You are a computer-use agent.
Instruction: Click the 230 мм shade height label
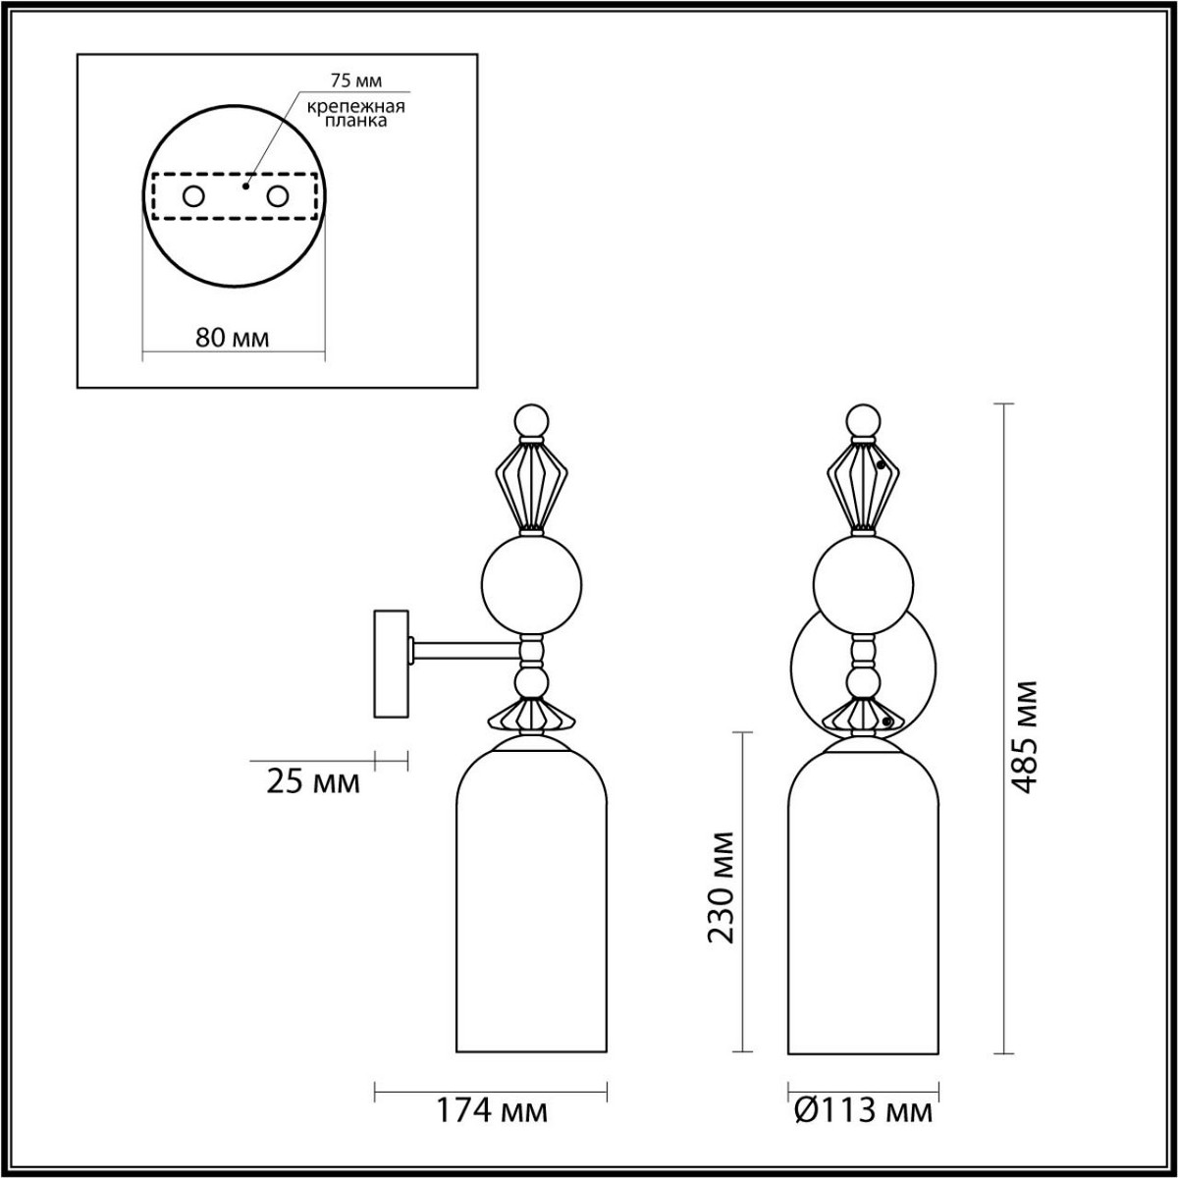723,886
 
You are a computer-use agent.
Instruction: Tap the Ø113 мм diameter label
862,1112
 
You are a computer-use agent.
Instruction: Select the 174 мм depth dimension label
492,1112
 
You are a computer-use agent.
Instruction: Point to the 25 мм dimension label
313,782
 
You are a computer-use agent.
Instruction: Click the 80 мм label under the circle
233,338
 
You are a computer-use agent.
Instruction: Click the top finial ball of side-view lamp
531,419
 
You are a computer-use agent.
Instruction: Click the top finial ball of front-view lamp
864,419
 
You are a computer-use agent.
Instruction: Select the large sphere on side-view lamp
532,585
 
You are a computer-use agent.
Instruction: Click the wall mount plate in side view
391,666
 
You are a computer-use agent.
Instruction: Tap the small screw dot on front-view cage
883,465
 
